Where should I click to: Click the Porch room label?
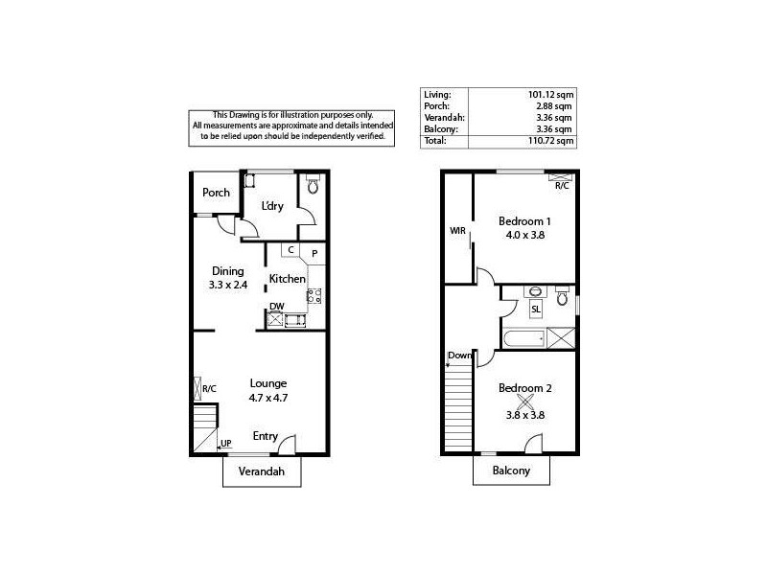(x=216, y=193)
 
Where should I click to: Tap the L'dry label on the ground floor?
(x=271, y=206)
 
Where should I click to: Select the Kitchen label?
(x=287, y=279)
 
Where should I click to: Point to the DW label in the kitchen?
(x=275, y=307)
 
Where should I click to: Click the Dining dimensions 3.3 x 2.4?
(x=228, y=285)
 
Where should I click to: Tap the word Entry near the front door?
(x=266, y=436)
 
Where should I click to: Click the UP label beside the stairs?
(x=225, y=443)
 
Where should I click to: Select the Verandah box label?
(x=262, y=471)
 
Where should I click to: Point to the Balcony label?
(x=512, y=471)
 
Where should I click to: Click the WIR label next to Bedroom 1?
(x=457, y=231)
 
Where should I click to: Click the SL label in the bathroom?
(x=535, y=310)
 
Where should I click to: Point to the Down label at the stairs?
(x=459, y=356)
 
